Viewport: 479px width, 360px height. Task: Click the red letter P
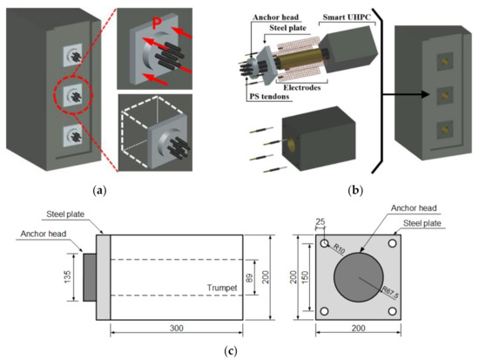click(158, 23)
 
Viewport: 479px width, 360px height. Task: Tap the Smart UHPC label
click(347, 17)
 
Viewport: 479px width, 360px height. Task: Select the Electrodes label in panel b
click(302, 87)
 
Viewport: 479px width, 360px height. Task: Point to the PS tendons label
click(269, 97)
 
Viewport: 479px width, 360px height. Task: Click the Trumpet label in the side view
click(222, 288)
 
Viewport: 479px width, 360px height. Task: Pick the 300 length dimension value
click(177, 329)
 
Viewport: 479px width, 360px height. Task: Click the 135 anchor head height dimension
click(68, 277)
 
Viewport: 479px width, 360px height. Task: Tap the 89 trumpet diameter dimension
click(250, 277)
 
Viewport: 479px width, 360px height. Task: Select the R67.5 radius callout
click(390, 292)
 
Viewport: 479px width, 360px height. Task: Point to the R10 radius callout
click(339, 248)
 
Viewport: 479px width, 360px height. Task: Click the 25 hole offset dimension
click(320, 221)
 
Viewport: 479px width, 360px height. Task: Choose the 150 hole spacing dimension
click(305, 277)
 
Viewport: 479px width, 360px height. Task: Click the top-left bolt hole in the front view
click(325, 243)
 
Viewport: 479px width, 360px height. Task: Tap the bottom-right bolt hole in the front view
click(393, 311)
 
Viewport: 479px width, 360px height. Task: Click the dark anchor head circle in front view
click(358, 277)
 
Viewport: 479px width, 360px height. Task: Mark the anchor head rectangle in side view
click(90, 277)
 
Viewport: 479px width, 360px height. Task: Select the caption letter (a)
click(99, 191)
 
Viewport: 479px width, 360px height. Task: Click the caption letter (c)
click(231, 350)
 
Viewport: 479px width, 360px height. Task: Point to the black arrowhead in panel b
click(426, 94)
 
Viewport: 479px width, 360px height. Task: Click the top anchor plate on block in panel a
click(72, 56)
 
